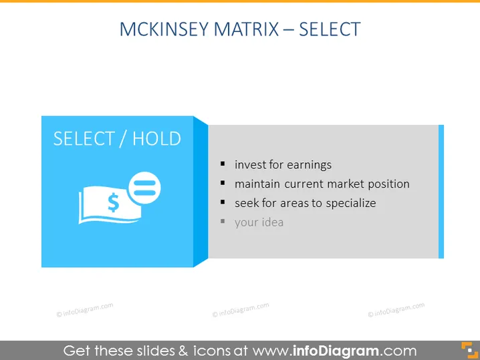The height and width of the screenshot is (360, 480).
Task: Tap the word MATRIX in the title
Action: pos(246,29)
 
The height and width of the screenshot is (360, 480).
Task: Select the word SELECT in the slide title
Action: pos(330,29)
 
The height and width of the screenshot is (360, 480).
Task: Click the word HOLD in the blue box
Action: pos(156,138)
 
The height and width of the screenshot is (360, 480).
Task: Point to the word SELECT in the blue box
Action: pos(84,138)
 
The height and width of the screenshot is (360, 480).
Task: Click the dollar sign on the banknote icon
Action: pos(114,202)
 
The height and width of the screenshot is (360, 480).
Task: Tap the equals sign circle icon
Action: pos(144,188)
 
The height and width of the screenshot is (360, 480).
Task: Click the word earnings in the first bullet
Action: pos(309,165)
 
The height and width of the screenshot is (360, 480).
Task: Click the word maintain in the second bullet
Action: pos(257,184)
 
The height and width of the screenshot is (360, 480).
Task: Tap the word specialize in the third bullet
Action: pos(351,204)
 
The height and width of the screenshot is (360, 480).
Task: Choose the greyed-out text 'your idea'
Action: pos(259,222)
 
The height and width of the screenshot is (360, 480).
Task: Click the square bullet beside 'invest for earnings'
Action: pos(223,164)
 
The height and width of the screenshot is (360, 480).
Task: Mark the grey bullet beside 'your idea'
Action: pos(223,221)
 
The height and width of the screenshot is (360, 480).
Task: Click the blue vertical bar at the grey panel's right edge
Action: pos(441,192)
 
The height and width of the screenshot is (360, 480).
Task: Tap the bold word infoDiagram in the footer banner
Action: pos(336,351)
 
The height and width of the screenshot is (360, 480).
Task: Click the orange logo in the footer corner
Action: pos(469,350)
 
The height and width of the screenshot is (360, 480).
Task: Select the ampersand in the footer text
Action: pos(183,351)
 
